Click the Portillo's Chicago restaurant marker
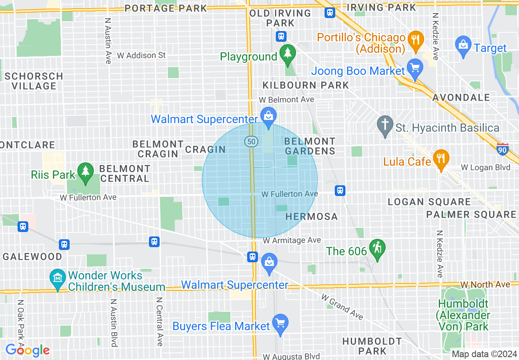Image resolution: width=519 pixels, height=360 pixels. [x=415, y=40]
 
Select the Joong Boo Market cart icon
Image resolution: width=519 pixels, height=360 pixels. [x=415, y=67]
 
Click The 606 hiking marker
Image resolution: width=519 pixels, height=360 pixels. [x=377, y=248]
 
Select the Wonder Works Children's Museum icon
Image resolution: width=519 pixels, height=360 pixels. [x=58, y=278]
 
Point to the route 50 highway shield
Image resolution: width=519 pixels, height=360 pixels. [x=251, y=142]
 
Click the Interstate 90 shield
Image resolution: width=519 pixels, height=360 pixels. [x=503, y=149]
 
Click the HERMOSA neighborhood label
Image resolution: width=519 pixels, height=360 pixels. [x=311, y=216]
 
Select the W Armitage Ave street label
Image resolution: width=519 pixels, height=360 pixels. [x=292, y=241]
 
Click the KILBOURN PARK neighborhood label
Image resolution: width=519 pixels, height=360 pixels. [x=306, y=85]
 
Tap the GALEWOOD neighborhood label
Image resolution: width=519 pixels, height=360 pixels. [x=32, y=256]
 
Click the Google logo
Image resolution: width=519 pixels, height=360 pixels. [x=27, y=350]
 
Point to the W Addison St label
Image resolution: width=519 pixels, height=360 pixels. [x=141, y=55]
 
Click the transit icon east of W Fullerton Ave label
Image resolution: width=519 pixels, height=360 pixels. [x=340, y=191]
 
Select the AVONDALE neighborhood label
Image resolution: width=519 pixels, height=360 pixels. [x=461, y=97]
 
